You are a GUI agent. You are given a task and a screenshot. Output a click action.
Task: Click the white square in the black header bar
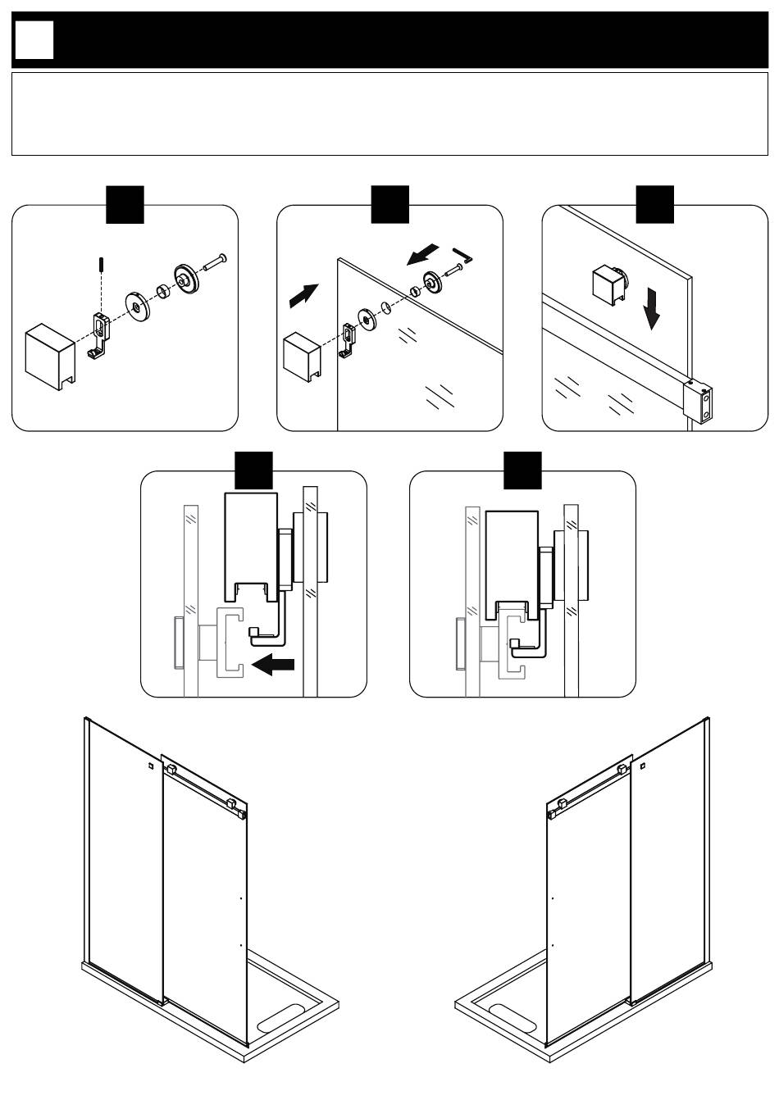34,39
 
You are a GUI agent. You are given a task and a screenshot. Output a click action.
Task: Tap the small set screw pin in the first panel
99,266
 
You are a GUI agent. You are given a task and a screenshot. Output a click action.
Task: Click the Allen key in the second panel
462,255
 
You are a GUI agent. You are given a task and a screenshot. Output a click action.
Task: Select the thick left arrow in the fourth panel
274,665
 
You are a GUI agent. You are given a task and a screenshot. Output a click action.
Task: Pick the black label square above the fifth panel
522,470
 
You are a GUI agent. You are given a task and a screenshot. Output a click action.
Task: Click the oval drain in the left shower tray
281,1018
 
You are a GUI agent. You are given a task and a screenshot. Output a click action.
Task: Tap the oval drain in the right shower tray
511,1018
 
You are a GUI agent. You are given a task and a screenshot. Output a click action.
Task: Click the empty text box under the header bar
389,114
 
